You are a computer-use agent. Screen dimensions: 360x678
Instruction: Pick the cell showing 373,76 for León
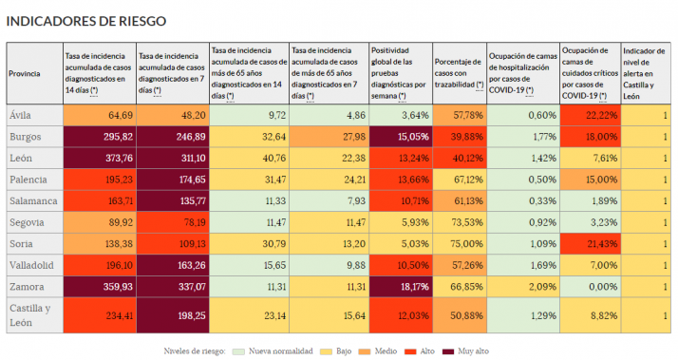coord(99,158)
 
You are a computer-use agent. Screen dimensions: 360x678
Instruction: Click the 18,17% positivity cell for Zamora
coord(400,285)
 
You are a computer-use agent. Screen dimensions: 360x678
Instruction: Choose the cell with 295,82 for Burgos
coord(99,137)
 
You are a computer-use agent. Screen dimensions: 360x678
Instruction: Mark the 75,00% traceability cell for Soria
coord(459,243)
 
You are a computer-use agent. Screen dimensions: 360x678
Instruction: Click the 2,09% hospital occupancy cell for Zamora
coord(522,285)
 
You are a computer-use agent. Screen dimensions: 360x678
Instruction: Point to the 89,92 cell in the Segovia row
coord(99,221)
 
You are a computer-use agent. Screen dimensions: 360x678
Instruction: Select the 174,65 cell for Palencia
coord(172,180)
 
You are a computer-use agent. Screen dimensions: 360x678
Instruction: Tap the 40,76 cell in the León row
coord(249,158)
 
